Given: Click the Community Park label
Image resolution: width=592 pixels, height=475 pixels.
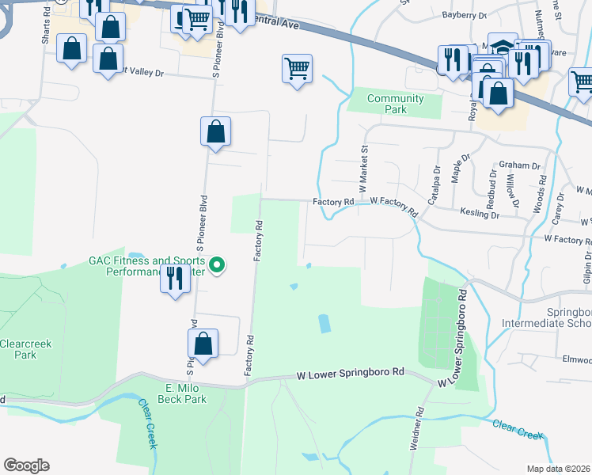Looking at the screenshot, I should tap(396, 104).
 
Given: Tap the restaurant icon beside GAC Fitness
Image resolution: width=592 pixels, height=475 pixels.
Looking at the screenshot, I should tap(176, 279).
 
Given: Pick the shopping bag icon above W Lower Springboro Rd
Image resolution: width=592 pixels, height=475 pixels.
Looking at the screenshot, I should tap(203, 344).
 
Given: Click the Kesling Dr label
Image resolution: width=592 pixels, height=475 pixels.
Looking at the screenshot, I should tap(480, 215).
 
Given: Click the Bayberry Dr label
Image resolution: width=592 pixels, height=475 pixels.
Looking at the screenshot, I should tap(464, 15).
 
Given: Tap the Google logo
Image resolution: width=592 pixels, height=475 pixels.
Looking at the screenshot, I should tap(26, 465).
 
